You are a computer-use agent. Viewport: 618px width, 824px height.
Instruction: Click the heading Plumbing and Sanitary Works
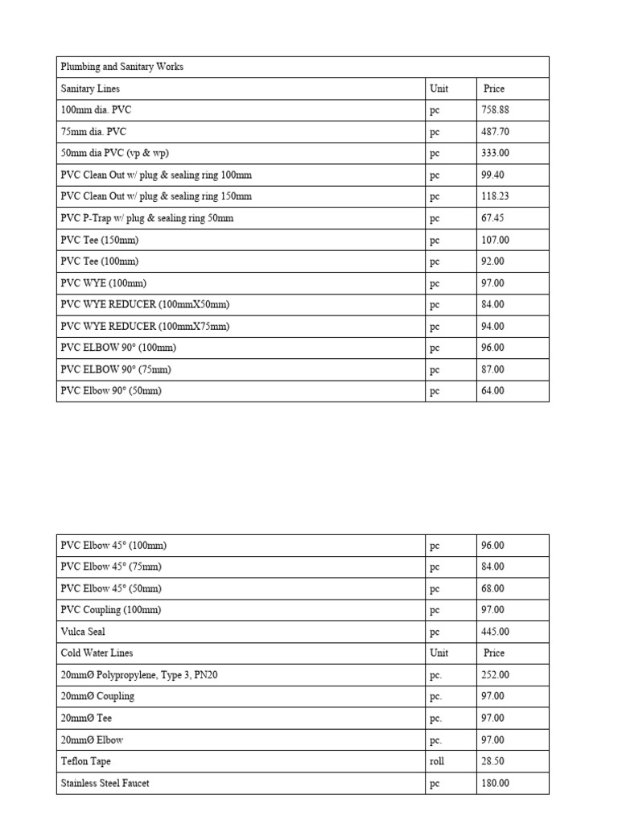pyautogui.click(x=122, y=67)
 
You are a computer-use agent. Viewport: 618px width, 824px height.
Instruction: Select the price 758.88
pyautogui.click(x=494, y=110)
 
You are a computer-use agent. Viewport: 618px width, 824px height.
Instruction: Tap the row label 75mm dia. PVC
pyautogui.click(x=93, y=132)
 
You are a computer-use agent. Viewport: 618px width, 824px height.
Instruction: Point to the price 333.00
pyautogui.click(x=494, y=154)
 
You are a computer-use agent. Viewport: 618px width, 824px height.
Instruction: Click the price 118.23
pyautogui.click(x=494, y=196)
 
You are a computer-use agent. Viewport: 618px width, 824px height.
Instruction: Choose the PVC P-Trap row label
pyautogui.click(x=147, y=218)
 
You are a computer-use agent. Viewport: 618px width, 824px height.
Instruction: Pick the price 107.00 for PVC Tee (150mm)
pyautogui.click(x=494, y=240)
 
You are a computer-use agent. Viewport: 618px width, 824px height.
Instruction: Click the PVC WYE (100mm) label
pyautogui.click(x=103, y=283)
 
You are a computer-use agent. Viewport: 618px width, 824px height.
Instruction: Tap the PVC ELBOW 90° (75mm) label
pyautogui.click(x=116, y=369)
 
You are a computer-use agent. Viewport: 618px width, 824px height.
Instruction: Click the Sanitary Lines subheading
pyautogui.click(x=91, y=89)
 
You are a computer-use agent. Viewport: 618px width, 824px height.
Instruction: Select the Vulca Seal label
pyautogui.click(x=83, y=632)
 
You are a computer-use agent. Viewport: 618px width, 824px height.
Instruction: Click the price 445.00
pyautogui.click(x=494, y=632)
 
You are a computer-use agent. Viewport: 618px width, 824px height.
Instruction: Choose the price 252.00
pyautogui.click(x=494, y=675)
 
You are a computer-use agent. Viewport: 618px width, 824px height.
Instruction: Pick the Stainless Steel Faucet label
pyautogui.click(x=105, y=783)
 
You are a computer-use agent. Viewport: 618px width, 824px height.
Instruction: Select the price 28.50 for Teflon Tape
pyautogui.click(x=492, y=761)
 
